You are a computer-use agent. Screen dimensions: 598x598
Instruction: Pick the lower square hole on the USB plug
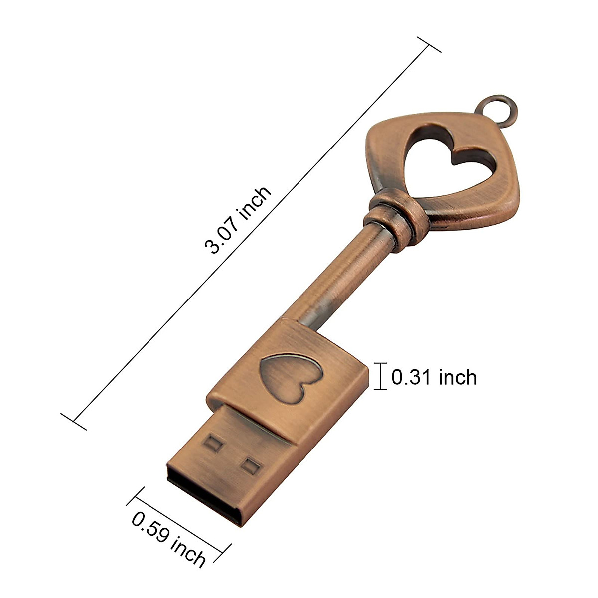251,466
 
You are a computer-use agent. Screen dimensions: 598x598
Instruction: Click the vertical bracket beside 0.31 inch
382,376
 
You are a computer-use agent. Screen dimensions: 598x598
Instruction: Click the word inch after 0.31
457,377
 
